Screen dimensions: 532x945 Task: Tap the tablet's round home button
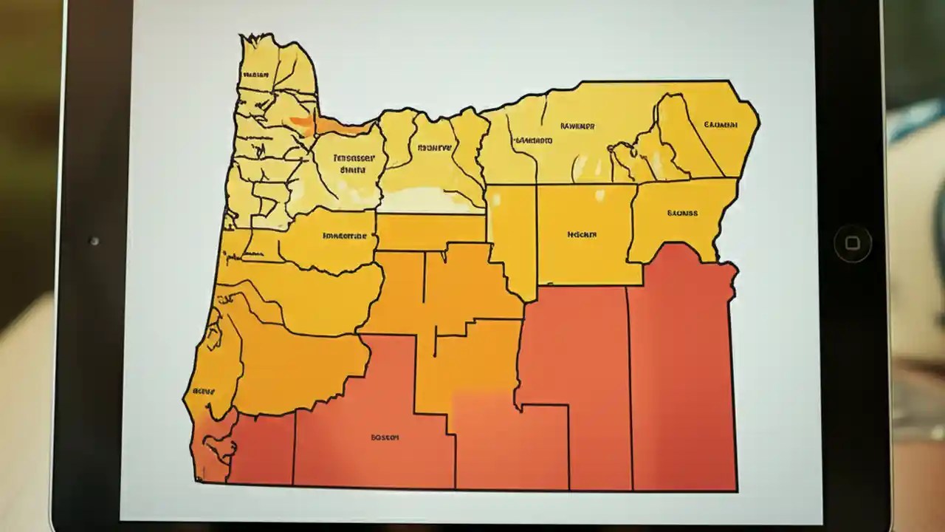pos(852,243)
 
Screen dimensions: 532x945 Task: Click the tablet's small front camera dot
pos(94,241)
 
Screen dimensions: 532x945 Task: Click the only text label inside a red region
pos(385,437)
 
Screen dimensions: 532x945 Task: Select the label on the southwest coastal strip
pos(203,391)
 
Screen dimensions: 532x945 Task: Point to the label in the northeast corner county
pos(721,125)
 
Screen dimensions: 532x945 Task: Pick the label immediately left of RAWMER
pos(533,140)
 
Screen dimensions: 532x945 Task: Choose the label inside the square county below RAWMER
pos(582,234)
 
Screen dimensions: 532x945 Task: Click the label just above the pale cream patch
pos(434,148)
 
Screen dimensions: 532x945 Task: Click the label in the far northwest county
pos(256,75)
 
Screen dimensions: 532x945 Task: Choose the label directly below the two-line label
pos(345,236)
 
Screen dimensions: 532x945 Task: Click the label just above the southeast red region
pos(681,214)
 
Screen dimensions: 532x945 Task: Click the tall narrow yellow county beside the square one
pos(511,236)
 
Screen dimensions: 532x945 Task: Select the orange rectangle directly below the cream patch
pos(430,231)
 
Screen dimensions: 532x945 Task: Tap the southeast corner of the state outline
pos(735,489)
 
